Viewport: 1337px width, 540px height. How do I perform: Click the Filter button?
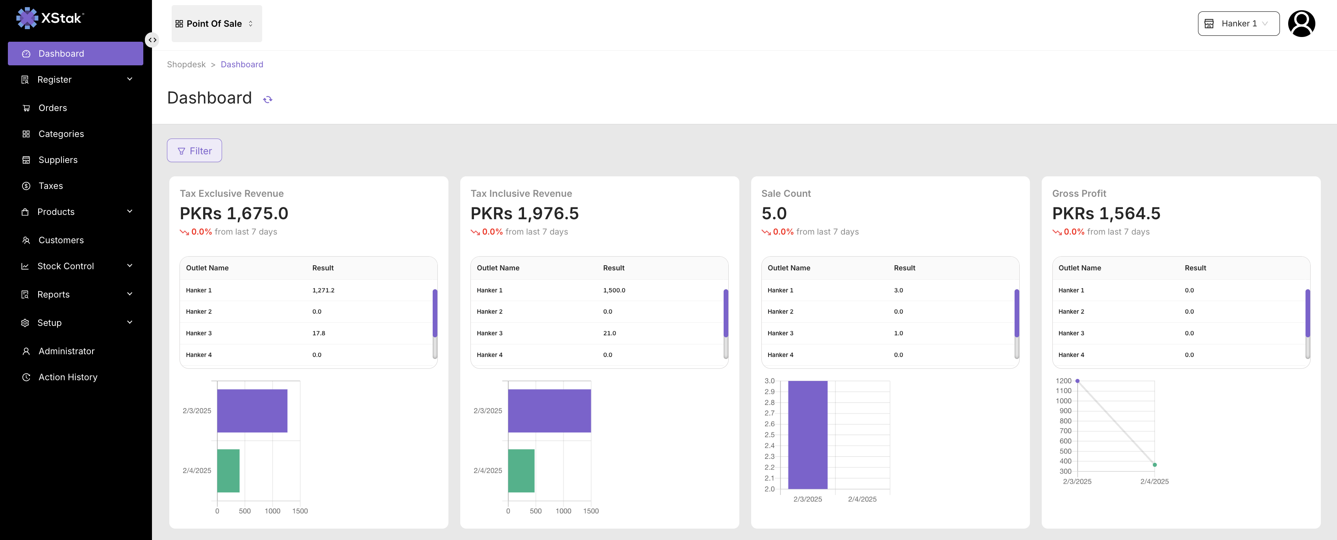click(x=194, y=150)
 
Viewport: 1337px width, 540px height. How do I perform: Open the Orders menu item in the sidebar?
click(x=52, y=108)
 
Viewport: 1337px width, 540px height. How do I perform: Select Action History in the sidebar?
click(x=67, y=377)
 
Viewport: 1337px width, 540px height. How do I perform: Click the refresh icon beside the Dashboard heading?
click(x=268, y=100)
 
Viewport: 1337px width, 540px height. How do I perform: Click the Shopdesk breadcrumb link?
click(x=186, y=64)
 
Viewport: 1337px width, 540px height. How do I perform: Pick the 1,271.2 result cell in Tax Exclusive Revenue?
click(x=323, y=290)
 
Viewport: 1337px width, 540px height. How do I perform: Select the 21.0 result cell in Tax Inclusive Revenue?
click(x=609, y=333)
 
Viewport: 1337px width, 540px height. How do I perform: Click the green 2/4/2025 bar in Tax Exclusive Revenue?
click(x=228, y=470)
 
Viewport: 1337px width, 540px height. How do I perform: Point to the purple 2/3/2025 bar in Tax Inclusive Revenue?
click(x=549, y=411)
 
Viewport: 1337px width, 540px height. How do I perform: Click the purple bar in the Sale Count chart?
click(x=807, y=435)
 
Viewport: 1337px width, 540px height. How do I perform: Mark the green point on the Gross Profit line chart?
click(x=1155, y=465)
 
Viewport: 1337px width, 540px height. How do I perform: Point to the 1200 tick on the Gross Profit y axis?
click(x=1063, y=381)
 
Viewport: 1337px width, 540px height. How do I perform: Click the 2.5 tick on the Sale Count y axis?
click(x=769, y=435)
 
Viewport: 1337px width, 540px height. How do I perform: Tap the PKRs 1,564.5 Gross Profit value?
click(x=1106, y=213)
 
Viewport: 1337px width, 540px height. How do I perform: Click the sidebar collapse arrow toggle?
click(x=152, y=40)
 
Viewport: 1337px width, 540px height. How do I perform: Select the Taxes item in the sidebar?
click(x=50, y=186)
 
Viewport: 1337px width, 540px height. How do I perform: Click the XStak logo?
click(x=50, y=18)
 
